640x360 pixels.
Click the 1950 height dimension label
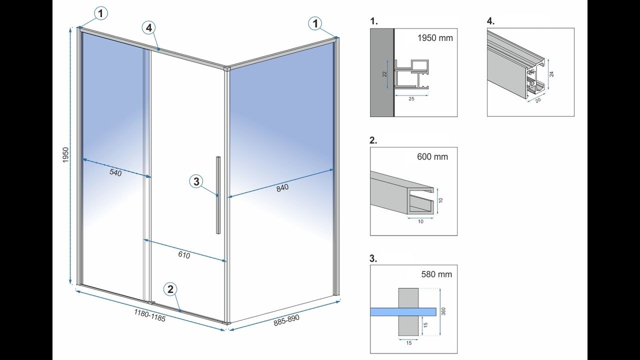[65, 155]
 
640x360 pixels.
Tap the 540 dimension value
[115, 173]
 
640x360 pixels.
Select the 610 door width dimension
[184, 255]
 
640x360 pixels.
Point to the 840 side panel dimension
[282, 188]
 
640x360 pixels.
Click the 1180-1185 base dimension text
[149, 315]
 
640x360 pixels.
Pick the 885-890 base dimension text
[286, 320]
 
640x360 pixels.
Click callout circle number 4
[148, 28]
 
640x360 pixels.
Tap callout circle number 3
[196, 181]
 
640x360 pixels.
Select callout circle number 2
[170, 289]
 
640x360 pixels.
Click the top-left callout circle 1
[100, 13]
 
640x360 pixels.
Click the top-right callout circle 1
[314, 22]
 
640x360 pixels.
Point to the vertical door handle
[218, 195]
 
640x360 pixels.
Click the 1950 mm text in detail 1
[435, 38]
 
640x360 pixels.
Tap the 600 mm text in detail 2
[432, 156]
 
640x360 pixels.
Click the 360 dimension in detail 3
[443, 311]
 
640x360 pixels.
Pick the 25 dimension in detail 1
[411, 99]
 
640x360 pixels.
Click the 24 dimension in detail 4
[551, 73]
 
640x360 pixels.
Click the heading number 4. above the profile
[490, 21]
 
